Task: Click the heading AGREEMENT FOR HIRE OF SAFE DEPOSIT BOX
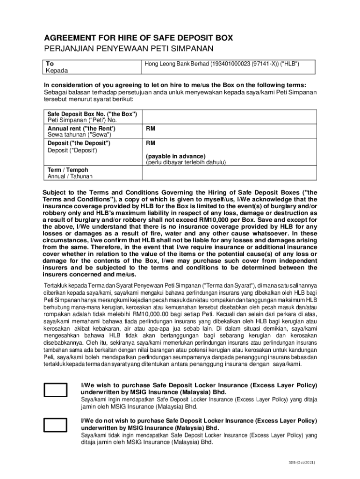coord(138,38)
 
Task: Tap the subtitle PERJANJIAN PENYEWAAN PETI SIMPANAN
coord(129,49)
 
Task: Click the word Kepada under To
coord(57,71)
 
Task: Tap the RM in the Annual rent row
coord(151,128)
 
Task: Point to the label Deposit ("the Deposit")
coord(79,143)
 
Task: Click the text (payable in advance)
coord(175,156)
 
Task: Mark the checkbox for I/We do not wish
coord(56,425)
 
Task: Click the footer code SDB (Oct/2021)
coord(302,463)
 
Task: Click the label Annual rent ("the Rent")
coord(81,128)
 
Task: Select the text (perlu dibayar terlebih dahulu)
coord(186,162)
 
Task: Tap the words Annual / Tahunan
coord(70,176)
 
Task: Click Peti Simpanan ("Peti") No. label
coord(82,120)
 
